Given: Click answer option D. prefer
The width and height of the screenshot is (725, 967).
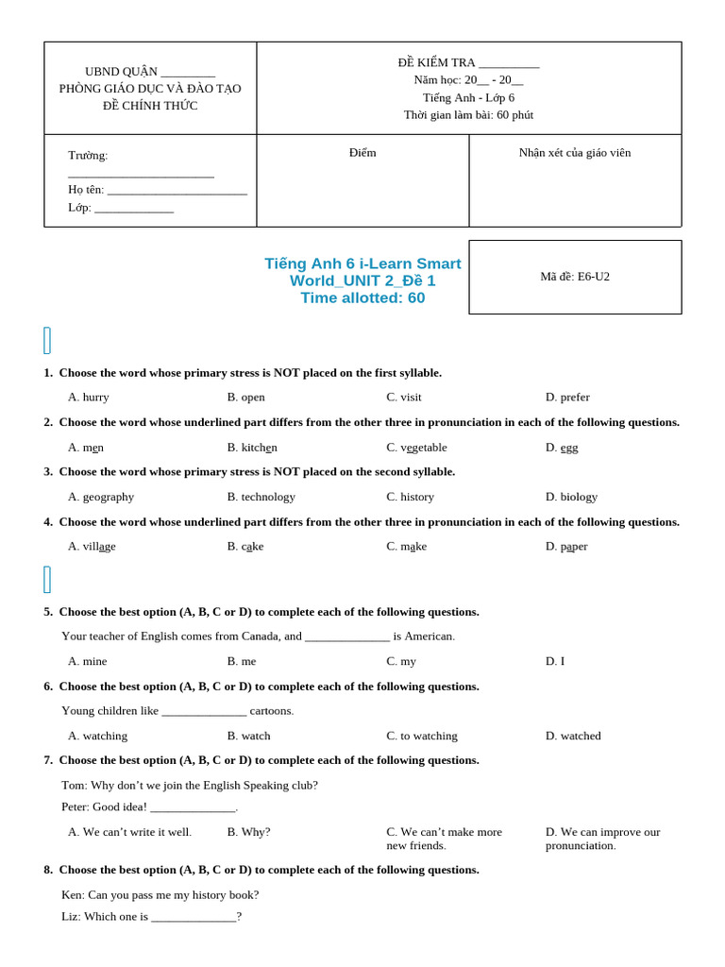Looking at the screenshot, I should coord(567,398).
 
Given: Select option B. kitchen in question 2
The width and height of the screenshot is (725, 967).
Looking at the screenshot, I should coord(252,448).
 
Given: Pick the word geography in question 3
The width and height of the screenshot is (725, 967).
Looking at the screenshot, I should coord(101,497).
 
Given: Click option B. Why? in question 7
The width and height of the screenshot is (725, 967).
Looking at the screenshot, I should coord(248,832).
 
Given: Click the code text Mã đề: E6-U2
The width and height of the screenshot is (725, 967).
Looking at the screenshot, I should coord(575,277).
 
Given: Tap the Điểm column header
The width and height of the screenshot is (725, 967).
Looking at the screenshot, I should coord(362,153).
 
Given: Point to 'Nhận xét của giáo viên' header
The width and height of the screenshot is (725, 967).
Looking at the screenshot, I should coord(575,153).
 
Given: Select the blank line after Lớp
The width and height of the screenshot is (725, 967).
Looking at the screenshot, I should coord(134,209).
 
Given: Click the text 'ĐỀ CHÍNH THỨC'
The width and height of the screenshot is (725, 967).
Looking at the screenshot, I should coord(150,106).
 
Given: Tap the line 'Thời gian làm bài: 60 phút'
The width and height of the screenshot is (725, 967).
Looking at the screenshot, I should coord(468,115).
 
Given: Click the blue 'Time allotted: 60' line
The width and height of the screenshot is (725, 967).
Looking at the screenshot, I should coord(362,298).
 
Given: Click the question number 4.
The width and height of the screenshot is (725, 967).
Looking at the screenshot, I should coord(48,522).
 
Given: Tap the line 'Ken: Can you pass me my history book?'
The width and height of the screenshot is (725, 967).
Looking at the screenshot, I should coord(160,895).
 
